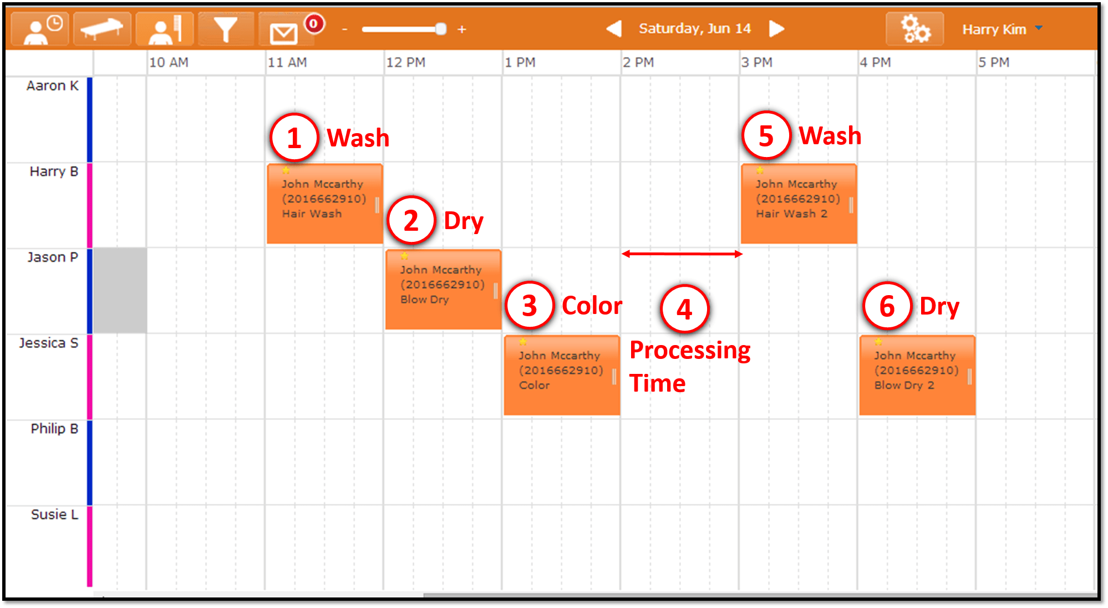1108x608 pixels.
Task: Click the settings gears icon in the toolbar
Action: click(915, 29)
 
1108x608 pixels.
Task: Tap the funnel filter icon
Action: click(225, 29)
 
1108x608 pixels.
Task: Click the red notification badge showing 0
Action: click(314, 23)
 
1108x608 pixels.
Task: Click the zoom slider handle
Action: click(441, 29)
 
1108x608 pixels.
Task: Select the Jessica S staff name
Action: click(49, 343)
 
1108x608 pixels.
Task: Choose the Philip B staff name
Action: click(54, 429)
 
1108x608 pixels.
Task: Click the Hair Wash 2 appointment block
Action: click(799, 204)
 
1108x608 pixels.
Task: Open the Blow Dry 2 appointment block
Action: click(917, 375)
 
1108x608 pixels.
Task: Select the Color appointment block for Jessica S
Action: click(562, 375)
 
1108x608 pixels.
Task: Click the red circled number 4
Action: click(685, 309)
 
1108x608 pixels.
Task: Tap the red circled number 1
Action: click(294, 138)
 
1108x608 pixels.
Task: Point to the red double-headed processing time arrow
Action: click(682, 254)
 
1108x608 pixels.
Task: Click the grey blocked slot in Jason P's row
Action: click(120, 290)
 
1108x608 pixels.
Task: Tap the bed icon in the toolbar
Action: click(102, 28)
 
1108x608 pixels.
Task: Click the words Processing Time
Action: click(690, 367)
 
